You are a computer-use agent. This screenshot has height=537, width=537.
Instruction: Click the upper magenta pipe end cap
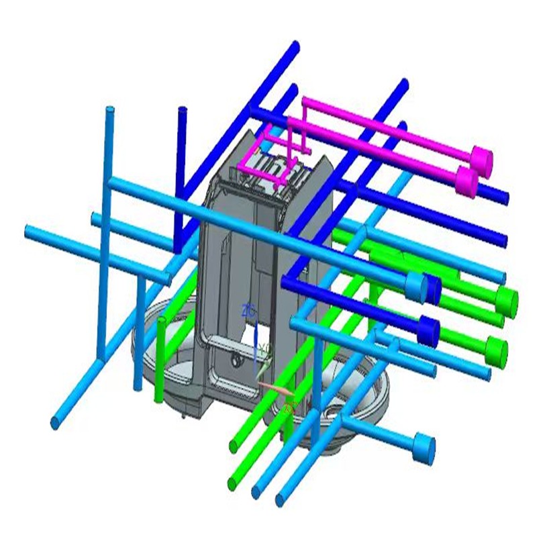point(481,158)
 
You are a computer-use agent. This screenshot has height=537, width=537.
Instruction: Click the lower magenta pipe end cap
point(467,180)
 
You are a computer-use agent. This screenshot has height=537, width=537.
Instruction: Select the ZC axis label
point(249,310)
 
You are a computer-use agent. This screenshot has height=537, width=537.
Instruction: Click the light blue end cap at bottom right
point(424,448)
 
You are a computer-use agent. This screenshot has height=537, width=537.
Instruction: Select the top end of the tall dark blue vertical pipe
point(181,110)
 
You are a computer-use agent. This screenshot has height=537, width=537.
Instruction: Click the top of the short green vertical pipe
point(161,323)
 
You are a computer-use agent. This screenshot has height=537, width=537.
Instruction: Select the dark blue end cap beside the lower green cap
point(427,330)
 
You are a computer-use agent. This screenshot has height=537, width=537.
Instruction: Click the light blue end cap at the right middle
point(416,285)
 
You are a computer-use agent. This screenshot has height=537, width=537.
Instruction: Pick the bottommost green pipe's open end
point(232,482)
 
